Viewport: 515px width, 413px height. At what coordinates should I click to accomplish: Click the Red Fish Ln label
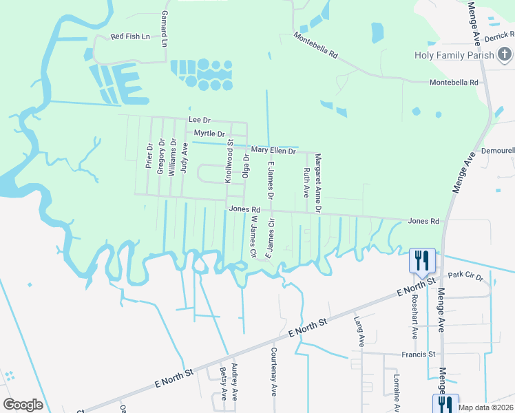click(x=130, y=36)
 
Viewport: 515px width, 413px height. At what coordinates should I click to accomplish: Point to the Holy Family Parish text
click(x=454, y=55)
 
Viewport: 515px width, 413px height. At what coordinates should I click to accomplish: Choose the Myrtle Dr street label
click(x=209, y=133)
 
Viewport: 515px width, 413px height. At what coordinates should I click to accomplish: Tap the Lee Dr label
click(x=199, y=120)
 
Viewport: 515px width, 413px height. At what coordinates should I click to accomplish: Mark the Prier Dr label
click(x=149, y=156)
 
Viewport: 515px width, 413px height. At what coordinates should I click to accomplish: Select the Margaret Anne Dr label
click(x=318, y=184)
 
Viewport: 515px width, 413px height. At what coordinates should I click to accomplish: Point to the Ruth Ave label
click(x=306, y=180)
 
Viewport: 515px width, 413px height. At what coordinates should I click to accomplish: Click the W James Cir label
click(x=253, y=238)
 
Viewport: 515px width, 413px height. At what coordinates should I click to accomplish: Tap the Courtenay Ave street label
click(x=273, y=380)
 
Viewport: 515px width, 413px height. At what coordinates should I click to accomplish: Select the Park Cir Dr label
click(x=465, y=275)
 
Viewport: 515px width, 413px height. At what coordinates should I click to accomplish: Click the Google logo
click(x=23, y=404)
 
